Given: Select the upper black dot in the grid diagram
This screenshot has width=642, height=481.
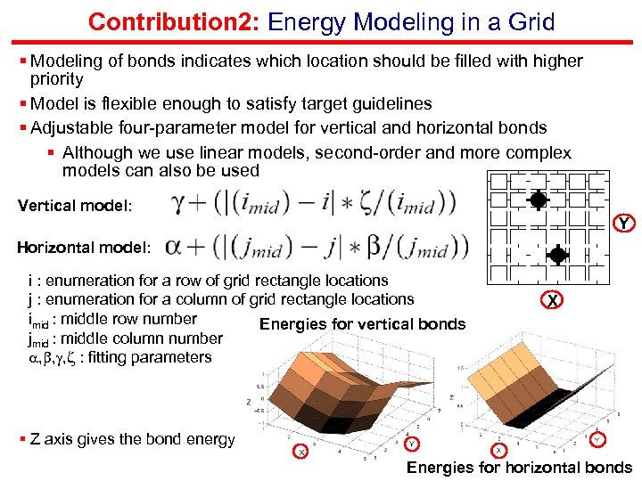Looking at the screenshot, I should click(538, 200).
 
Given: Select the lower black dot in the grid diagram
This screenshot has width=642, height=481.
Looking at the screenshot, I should click(557, 255).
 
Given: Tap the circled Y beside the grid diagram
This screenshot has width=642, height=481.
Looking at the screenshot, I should click(624, 222).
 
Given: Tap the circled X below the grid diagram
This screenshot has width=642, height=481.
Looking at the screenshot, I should click(553, 301).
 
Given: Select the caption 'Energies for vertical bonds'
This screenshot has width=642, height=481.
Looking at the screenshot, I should click(362, 323).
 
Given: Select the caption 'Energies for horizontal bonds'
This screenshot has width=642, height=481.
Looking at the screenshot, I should click(519, 468).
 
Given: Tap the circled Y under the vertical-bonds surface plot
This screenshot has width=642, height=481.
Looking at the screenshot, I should click(411, 443).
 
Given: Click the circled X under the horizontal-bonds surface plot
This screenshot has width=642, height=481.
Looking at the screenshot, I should click(498, 451).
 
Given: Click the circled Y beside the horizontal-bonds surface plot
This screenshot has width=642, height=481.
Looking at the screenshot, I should click(597, 438).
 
